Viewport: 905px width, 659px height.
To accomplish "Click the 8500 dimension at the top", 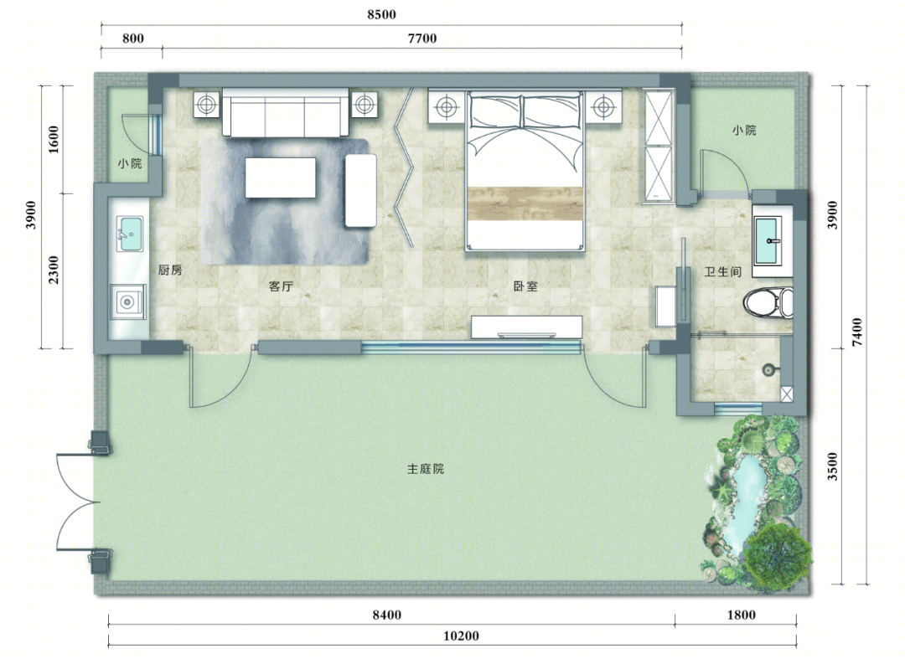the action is tap(381, 14).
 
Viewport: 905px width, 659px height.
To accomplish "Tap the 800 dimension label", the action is tap(132, 39).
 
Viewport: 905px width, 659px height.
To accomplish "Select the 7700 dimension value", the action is tap(421, 39).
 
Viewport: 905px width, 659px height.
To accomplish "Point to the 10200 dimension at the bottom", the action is tap(461, 636).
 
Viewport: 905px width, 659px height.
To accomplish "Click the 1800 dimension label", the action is tap(741, 615).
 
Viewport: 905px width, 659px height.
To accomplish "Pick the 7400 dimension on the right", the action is tap(857, 332).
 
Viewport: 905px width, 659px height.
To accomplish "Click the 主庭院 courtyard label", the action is tap(426, 469).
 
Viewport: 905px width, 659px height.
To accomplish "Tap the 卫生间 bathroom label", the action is tap(722, 271).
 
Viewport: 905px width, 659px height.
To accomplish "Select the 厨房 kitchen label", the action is tap(170, 270).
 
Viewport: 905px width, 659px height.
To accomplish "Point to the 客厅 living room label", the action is tap(281, 286).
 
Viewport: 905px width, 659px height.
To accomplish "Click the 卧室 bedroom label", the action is tap(525, 286).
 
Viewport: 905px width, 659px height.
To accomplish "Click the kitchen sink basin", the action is tap(130, 234).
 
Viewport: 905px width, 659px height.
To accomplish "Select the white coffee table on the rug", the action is tap(281, 177).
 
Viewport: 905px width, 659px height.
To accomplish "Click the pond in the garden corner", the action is tap(745, 490).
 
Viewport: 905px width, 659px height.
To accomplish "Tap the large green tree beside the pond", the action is tap(777, 556).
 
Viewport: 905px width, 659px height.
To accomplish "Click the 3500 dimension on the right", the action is tap(832, 466).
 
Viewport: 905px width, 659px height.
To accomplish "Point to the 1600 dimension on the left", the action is tap(53, 139).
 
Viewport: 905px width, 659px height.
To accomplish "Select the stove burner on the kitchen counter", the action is tap(127, 301).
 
